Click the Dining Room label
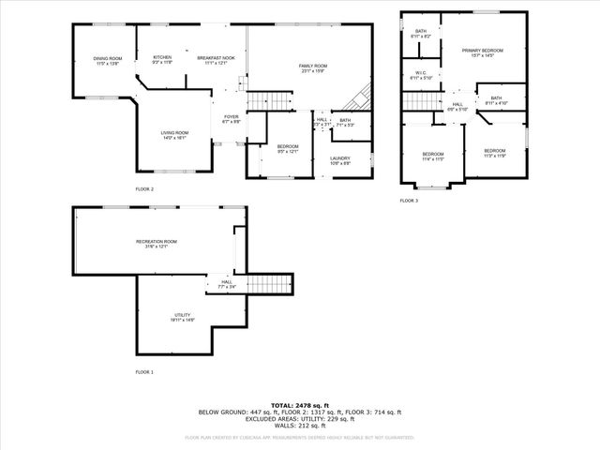tap(108, 62)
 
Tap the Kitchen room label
tap(162, 59)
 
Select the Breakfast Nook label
tap(216, 59)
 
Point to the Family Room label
tap(311, 67)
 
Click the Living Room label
tap(174, 134)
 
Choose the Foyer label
tap(231, 119)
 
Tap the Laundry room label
tap(339, 160)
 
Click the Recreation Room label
tap(156, 243)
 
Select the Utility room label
tap(182, 317)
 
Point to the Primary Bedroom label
tap(482, 52)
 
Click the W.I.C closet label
tap(421, 75)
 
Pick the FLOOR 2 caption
tap(144, 189)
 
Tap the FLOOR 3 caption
tap(409, 201)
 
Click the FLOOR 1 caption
tap(144, 372)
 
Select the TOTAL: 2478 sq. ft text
tap(300, 405)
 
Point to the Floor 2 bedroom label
tap(287, 148)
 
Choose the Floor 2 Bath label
tap(344, 121)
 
